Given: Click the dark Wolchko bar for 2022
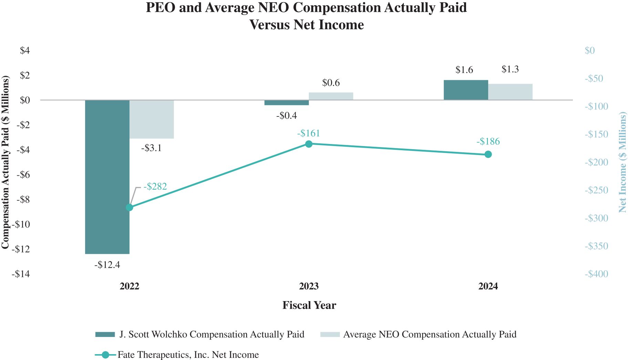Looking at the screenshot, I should coord(107,177).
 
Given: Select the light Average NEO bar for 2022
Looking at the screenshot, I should coord(152,119).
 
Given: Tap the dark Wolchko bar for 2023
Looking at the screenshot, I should coord(287,103).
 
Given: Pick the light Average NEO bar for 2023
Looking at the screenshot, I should coord(331,96).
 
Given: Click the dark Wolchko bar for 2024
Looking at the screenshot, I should coord(466,90).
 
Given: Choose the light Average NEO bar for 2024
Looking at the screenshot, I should coord(510,92).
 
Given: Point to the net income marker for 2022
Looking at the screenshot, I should coord(130,207).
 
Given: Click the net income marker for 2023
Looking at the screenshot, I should coord(309,144).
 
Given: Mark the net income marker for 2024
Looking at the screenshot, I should coord(488,154).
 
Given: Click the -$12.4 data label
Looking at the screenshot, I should coord(107,265).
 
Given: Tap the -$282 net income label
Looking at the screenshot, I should coord(155,186).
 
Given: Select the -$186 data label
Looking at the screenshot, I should coord(488,141).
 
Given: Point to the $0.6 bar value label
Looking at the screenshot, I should coord(331,83).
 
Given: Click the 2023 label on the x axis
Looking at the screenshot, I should coord(309,286).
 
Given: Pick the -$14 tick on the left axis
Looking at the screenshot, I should coord(21,274).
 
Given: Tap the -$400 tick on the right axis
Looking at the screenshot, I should coord(596,274).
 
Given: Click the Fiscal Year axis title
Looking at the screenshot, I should coord(309,305).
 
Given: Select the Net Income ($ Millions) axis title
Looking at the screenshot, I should coord(622,162).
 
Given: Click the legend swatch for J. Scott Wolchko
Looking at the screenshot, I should coord(105,334).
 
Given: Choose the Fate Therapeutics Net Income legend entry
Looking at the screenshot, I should coord(188,354).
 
